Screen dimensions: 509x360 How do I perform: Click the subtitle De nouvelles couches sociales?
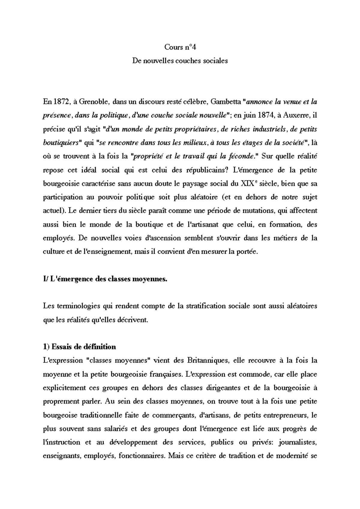pyautogui.click(x=180, y=61)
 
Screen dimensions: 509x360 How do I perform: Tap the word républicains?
pyautogui.click(x=202, y=170)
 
